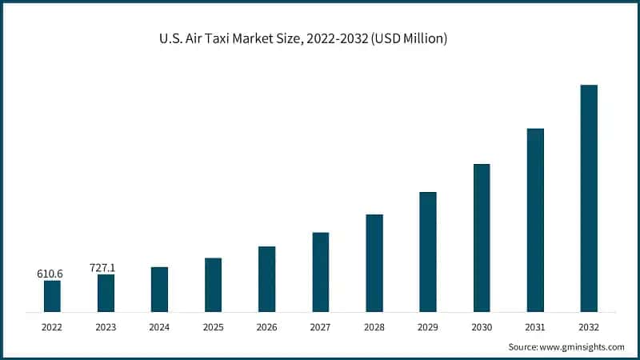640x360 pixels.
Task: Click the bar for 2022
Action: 52,296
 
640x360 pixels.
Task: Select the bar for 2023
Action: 106,293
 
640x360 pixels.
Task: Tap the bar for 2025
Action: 213,285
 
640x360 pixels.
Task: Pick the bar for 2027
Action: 320,272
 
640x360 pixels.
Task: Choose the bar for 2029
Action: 428,252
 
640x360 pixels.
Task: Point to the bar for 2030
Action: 482,238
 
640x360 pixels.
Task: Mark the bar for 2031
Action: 535,220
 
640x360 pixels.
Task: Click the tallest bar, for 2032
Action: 589,198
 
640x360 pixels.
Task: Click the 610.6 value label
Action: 50,274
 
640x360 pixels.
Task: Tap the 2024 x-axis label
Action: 159,326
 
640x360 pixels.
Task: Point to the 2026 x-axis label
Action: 266,326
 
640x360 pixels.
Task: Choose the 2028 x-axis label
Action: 374,326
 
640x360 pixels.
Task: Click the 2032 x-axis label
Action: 589,326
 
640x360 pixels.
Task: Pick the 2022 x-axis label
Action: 52,326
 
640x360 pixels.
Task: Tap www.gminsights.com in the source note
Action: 582,347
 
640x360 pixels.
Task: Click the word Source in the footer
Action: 523,347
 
